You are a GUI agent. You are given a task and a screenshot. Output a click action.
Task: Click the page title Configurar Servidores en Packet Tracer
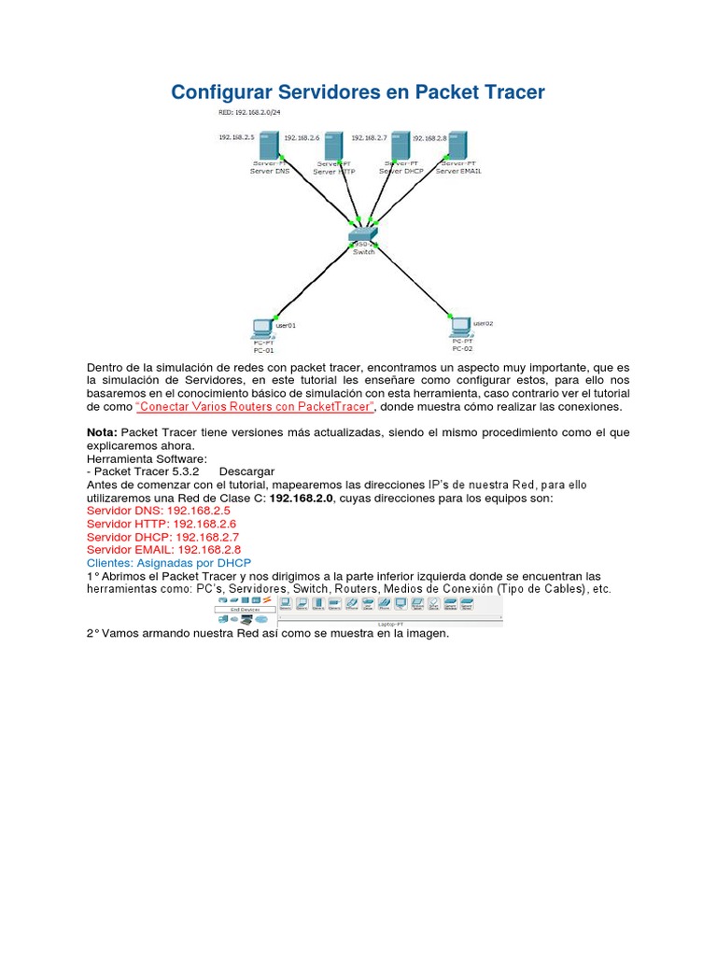pyautogui.click(x=358, y=92)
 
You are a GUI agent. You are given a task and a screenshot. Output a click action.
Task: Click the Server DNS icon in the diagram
pyautogui.click(x=269, y=146)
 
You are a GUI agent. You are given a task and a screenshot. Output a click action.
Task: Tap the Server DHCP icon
pyautogui.click(x=401, y=146)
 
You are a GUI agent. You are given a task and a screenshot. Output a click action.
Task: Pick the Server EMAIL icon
pyautogui.click(x=457, y=145)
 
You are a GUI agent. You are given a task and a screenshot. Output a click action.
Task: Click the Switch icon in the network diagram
pyautogui.click(x=363, y=233)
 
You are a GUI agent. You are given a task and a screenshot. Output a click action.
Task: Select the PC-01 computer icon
pyautogui.click(x=263, y=328)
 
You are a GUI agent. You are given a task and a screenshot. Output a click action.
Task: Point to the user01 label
pyautogui.click(x=286, y=326)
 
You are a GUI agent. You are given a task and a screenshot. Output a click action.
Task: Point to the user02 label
pyautogui.click(x=483, y=323)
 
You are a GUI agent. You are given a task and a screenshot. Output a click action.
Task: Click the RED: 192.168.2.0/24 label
pyautogui.click(x=249, y=113)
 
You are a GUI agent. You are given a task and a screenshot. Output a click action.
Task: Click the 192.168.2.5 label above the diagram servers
pyautogui.click(x=236, y=137)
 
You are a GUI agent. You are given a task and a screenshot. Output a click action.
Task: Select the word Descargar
pyautogui.click(x=246, y=471)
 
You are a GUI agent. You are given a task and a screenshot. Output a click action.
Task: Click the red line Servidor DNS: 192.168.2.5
pyautogui.click(x=158, y=511)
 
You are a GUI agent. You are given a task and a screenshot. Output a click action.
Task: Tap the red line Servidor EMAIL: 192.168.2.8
pyautogui.click(x=163, y=550)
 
